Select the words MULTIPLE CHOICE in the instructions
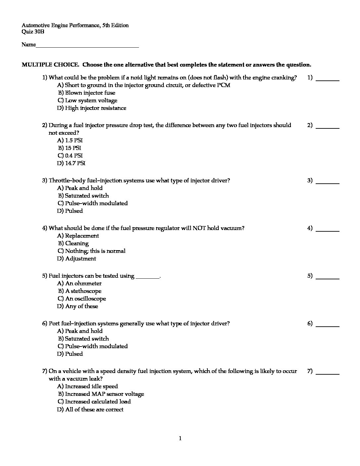pos(50,65)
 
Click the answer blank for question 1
pos(328,79)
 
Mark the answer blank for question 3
pos(328,182)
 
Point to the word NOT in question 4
pos(199,228)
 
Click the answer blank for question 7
pos(328,372)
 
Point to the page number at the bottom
pos(180,439)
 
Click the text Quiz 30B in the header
pos(33,32)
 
